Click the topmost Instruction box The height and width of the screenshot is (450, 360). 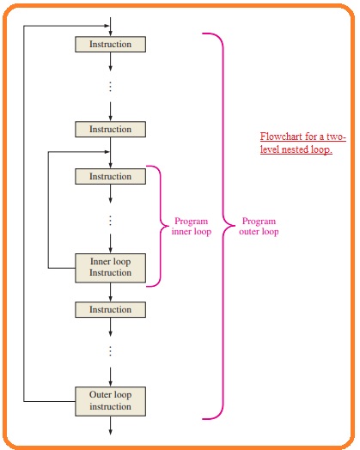111,43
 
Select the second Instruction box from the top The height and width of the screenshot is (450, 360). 111,130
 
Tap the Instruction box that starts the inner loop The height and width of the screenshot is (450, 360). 111,177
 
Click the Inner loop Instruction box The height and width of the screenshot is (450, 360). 111,267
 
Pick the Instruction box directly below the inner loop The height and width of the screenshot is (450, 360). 111,310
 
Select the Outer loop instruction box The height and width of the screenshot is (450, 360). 111,400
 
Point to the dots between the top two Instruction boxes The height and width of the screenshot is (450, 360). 111,86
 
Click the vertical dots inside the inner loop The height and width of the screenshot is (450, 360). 111,220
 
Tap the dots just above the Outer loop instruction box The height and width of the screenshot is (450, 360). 111,350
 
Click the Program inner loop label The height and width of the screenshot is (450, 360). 190,227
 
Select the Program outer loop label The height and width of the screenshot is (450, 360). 259,227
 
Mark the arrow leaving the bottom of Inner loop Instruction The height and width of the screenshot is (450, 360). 111,292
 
